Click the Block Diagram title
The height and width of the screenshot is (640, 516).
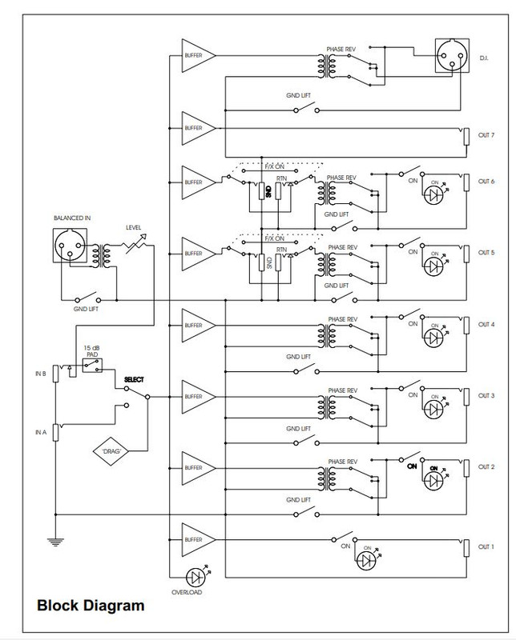(x=91, y=606)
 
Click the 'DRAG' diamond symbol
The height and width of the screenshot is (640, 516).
(x=112, y=450)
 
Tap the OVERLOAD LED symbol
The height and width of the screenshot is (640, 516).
(x=195, y=576)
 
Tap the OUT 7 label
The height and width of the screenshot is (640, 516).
(x=486, y=135)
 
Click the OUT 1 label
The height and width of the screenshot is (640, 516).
(x=486, y=546)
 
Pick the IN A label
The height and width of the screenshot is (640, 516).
(x=41, y=432)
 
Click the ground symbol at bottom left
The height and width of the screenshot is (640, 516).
(x=54, y=542)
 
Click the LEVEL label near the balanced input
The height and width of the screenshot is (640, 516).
(x=133, y=227)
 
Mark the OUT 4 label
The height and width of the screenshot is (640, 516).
(x=486, y=324)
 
